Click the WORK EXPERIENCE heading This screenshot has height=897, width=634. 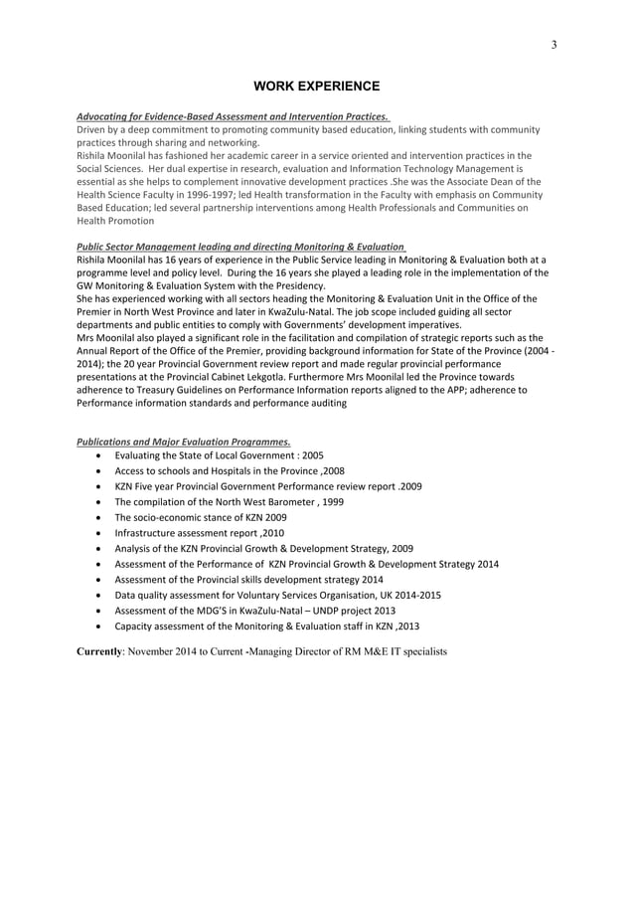pos(316,87)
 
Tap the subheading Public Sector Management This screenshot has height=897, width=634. pos(241,247)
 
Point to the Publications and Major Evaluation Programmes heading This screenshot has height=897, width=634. pos(184,442)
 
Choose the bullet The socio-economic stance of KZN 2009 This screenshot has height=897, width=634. pos(201,517)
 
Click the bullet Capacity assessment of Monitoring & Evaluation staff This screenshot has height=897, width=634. pos(266,627)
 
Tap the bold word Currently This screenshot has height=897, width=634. pos(100,652)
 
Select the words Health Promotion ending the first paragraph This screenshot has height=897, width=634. pos(109,222)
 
